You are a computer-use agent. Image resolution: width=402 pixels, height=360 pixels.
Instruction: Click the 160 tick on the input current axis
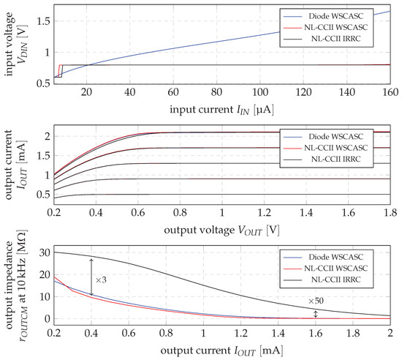[387, 94]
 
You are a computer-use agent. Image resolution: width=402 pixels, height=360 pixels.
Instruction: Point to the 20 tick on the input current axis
[88, 94]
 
